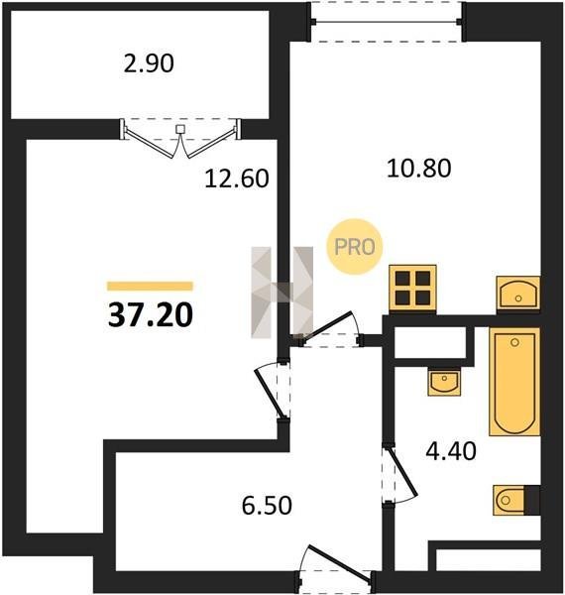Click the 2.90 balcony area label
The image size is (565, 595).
pyautogui.click(x=149, y=63)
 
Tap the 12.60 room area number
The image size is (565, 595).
pyautogui.click(x=237, y=178)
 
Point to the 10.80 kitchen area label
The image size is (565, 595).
pyautogui.click(x=419, y=169)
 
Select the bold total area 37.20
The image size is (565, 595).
pyautogui.click(x=151, y=315)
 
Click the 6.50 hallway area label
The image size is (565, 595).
pyautogui.click(x=267, y=506)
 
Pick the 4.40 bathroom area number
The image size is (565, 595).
pyautogui.click(x=451, y=451)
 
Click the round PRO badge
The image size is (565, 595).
pyautogui.click(x=355, y=247)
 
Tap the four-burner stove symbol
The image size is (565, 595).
pyautogui.click(x=412, y=290)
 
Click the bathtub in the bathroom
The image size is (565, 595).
pyautogui.click(x=514, y=382)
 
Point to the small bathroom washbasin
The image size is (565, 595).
pyautogui.click(x=444, y=382)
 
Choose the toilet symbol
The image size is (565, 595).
pyautogui.click(x=516, y=500)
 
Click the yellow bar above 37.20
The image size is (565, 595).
pyautogui.click(x=150, y=286)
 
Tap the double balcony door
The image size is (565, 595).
pyautogui.click(x=180, y=138)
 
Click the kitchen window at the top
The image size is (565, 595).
pyautogui.click(x=387, y=22)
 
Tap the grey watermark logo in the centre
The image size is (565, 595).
pyautogui.click(x=282, y=293)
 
